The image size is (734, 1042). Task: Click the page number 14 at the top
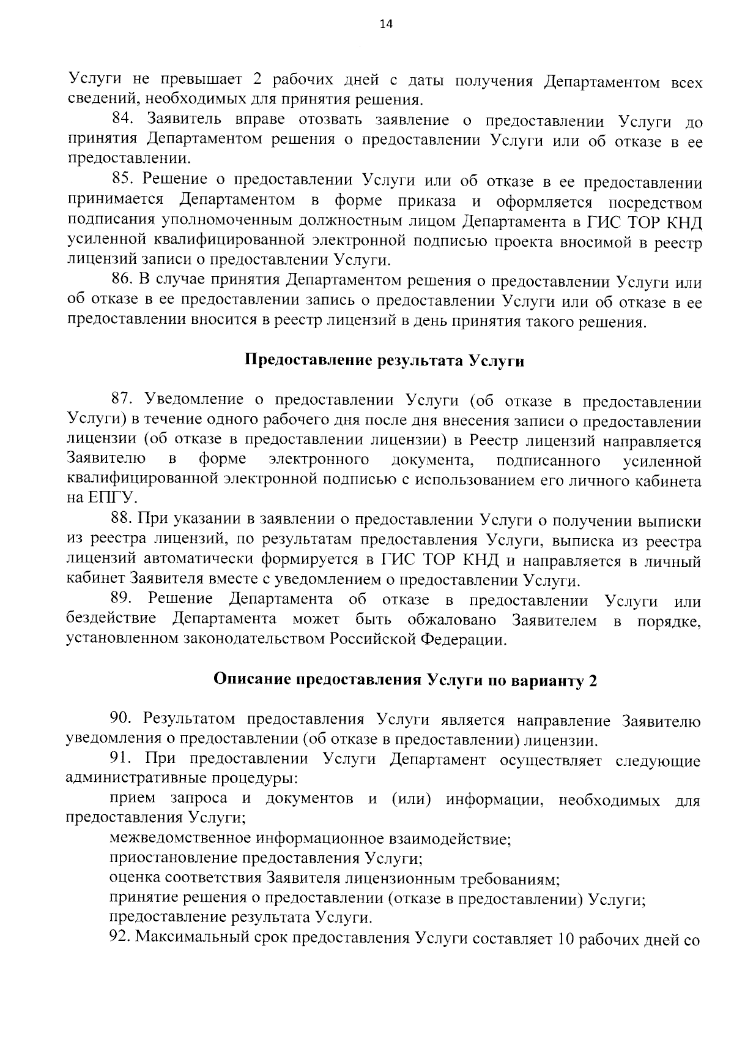point(387,24)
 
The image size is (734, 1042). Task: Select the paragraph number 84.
point(124,119)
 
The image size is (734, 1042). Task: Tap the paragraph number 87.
point(124,400)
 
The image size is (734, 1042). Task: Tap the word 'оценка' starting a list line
point(135,879)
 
